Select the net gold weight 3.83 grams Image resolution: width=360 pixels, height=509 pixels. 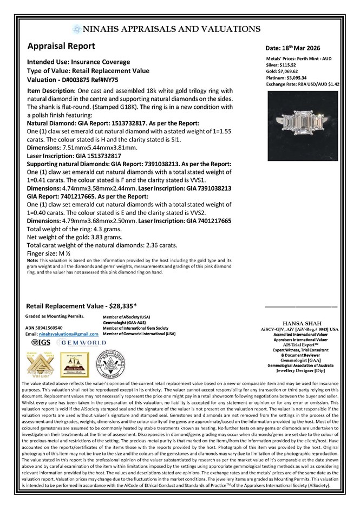pyautogui.click(x=109, y=236)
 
